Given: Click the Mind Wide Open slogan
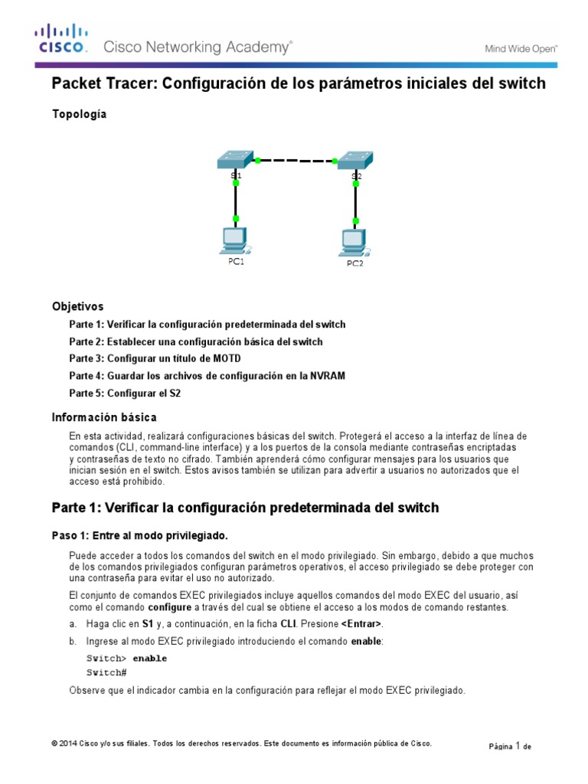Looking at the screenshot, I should click(521, 49).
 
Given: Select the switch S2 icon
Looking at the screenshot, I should click(355, 160).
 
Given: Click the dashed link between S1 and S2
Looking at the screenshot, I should click(296, 161).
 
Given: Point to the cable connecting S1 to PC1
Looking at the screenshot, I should click(236, 201).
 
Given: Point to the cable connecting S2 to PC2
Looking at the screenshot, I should click(355, 202).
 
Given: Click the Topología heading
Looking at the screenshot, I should click(79, 114).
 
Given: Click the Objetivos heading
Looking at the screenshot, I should click(77, 306).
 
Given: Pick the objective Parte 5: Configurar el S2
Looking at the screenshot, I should click(125, 393).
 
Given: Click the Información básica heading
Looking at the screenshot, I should click(104, 417).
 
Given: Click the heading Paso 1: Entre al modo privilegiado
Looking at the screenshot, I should click(140, 534).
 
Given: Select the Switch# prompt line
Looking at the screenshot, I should click(106, 672).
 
